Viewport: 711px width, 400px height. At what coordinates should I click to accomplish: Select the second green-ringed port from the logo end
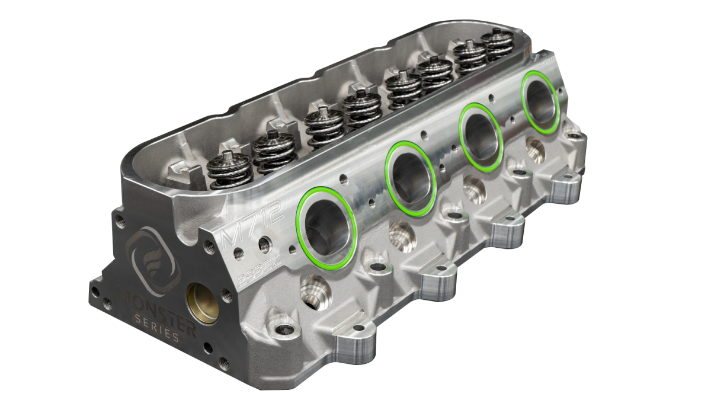[x=411, y=178]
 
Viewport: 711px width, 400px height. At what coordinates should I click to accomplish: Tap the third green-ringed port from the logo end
[x=482, y=137]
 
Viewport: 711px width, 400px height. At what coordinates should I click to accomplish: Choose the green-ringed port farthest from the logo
[x=541, y=102]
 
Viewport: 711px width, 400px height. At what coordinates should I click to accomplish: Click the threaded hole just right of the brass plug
[x=225, y=292]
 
